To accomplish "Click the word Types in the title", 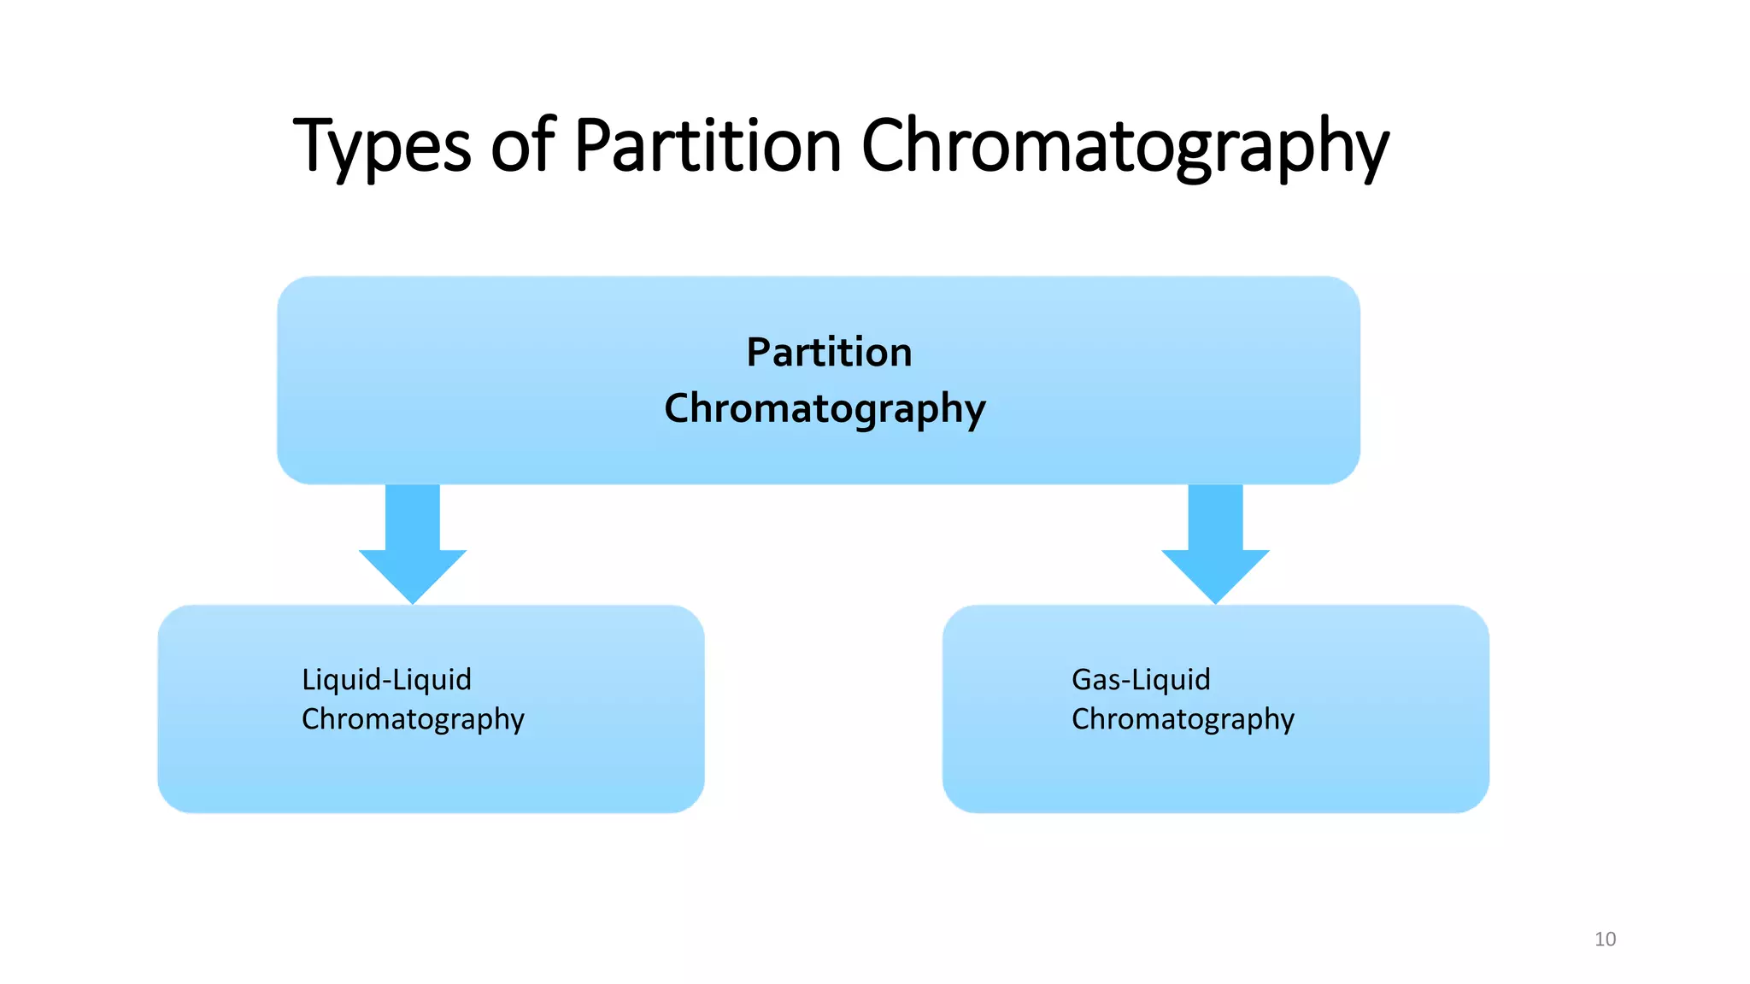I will point(381,147).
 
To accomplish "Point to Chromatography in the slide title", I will point(1125,147).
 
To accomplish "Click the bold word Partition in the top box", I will point(829,352).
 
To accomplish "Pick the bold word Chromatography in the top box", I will point(825,409).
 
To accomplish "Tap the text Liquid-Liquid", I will point(386,680).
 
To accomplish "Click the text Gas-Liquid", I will point(1141,680).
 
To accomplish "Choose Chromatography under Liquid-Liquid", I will point(413,720).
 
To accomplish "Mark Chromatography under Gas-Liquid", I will point(1183,720).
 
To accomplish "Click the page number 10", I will point(1605,940).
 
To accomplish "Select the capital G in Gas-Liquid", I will point(1083,680).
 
